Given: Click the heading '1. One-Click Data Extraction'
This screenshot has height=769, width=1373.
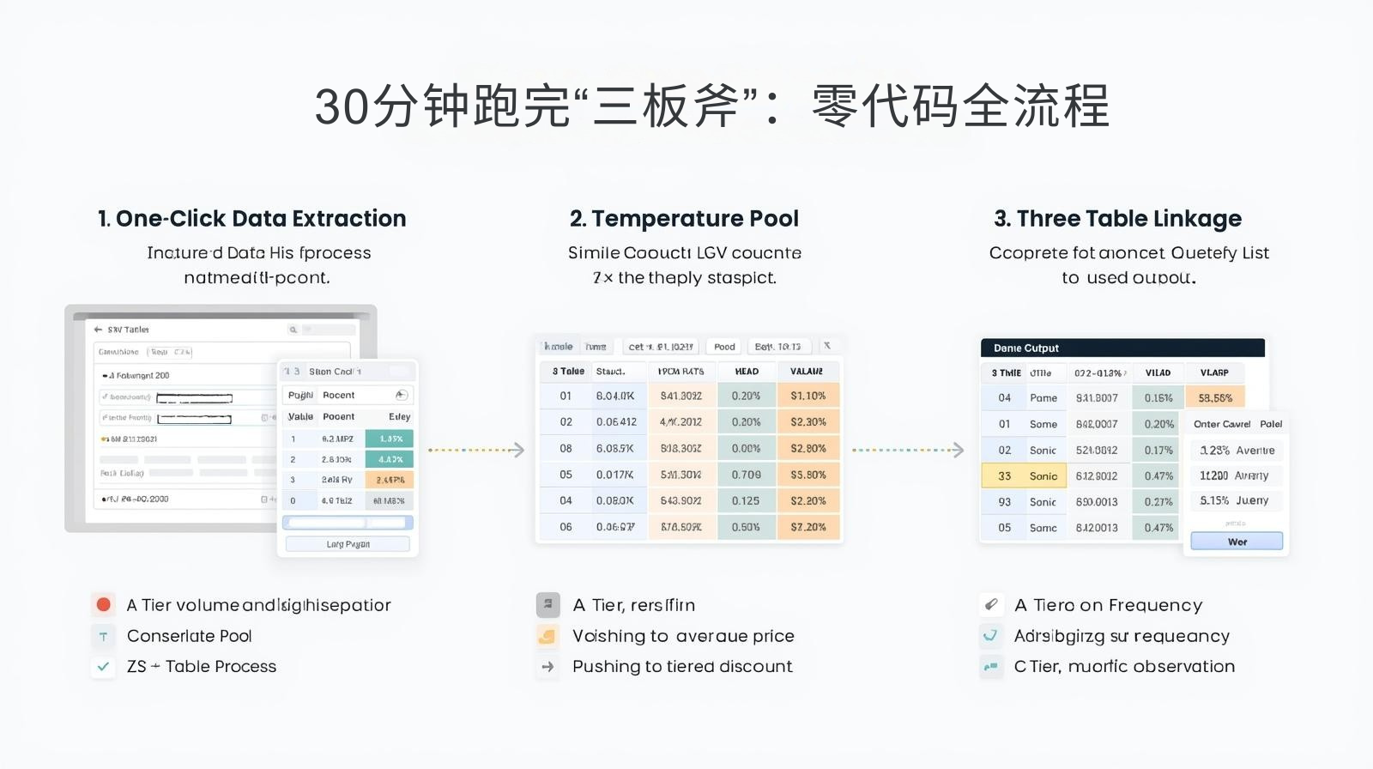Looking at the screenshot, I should [x=251, y=219].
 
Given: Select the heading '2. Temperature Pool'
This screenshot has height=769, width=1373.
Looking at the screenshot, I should [x=684, y=219].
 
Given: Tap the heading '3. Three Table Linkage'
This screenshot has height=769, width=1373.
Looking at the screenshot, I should [x=1117, y=219].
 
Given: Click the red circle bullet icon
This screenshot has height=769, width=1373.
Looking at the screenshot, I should [x=104, y=605].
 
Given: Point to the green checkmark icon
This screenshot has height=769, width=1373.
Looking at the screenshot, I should [x=104, y=666].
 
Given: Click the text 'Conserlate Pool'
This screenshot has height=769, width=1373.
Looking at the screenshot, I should [x=189, y=636].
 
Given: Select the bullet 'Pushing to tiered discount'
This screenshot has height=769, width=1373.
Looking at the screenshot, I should [x=682, y=666].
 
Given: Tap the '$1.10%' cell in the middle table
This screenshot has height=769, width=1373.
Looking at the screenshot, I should [x=807, y=396].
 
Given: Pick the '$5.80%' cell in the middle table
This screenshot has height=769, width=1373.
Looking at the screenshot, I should [x=807, y=475].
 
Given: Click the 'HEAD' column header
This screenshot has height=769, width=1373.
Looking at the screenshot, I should [x=747, y=372].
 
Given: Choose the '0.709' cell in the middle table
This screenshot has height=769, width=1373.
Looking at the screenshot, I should [x=746, y=475].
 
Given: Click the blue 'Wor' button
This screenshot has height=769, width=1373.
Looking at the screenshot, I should [x=1237, y=542].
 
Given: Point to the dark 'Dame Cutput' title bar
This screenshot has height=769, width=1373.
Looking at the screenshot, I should [x=1122, y=348].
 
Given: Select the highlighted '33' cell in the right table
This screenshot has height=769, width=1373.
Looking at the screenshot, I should [x=1004, y=475].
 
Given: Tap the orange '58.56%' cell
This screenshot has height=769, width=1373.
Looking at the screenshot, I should [x=1215, y=398].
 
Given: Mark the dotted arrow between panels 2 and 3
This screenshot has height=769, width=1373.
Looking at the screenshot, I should [x=908, y=450].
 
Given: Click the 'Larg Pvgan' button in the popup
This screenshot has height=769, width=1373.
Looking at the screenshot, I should [x=348, y=544].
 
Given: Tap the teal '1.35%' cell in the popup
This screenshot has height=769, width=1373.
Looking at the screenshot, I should [x=390, y=439].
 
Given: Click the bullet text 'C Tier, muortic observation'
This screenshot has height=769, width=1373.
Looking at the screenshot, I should [x=1124, y=666].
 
